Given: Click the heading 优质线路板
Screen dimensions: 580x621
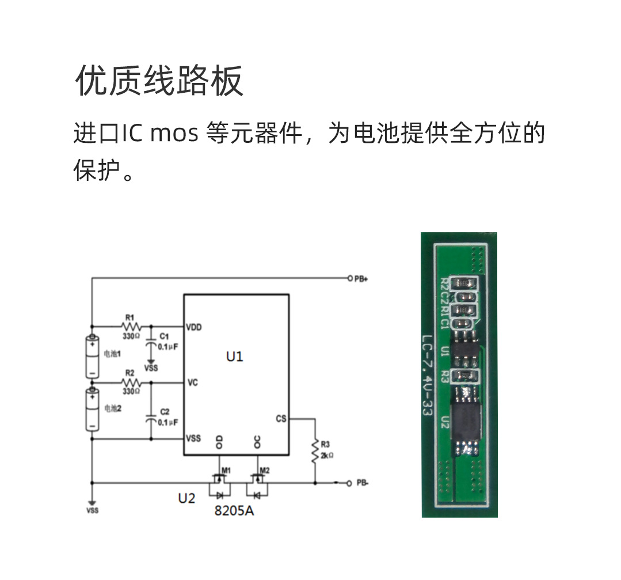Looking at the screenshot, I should [159, 81].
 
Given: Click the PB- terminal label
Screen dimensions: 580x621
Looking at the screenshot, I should [363, 483].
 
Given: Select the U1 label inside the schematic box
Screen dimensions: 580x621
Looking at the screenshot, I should [234, 357].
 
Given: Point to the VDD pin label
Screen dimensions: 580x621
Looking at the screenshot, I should [194, 327].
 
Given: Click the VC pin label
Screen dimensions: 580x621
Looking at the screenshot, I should [192, 382].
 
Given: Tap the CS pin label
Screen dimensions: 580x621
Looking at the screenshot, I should [281, 419].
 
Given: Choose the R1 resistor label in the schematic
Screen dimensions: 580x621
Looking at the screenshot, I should [129, 317].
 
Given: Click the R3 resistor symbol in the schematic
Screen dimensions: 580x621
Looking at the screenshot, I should [315, 452].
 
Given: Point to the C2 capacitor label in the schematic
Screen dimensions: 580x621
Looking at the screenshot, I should [165, 412].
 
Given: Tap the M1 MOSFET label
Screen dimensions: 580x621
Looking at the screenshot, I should [226, 469].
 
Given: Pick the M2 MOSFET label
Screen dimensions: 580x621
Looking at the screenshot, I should [265, 469].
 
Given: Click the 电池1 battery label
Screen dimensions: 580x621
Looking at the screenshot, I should [112, 353].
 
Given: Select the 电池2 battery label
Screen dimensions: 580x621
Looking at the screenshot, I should [112, 408].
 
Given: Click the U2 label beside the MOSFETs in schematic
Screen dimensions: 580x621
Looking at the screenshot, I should [186, 498].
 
